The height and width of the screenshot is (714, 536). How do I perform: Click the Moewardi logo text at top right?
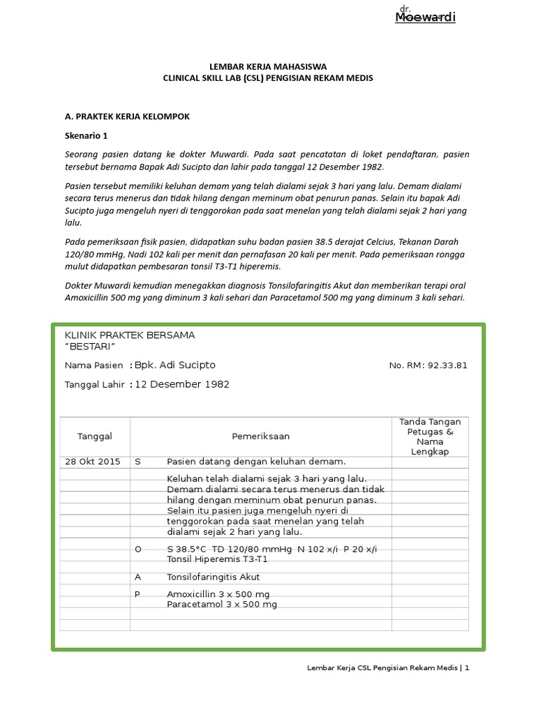click(425, 17)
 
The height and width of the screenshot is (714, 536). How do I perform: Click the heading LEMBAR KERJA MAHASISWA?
click(268, 66)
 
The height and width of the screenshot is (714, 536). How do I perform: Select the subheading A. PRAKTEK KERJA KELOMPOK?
click(127, 116)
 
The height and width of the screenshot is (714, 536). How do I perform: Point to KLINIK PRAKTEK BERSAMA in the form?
click(130, 335)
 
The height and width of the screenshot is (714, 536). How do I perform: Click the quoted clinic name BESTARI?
click(89, 347)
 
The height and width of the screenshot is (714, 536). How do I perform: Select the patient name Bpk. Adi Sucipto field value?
click(175, 365)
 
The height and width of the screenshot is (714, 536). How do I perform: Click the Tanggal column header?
click(95, 436)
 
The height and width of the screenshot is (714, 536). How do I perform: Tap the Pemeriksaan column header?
click(260, 436)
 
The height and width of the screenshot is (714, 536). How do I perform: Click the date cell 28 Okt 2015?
click(92, 462)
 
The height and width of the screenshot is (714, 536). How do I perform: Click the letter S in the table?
click(137, 462)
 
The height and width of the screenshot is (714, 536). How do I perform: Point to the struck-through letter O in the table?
click(137, 549)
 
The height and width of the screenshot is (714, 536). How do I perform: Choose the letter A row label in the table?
click(137, 577)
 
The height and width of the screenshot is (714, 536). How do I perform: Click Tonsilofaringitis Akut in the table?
click(213, 577)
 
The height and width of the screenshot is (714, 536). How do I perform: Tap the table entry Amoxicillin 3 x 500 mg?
click(218, 594)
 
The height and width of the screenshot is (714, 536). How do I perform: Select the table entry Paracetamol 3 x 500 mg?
click(222, 605)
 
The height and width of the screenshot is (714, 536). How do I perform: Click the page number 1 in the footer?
click(467, 668)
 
